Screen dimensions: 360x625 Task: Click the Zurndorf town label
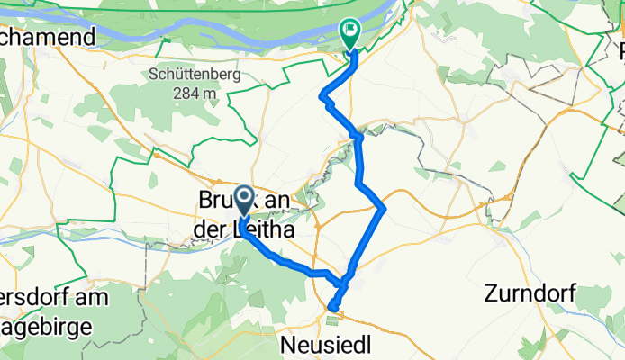coord(528,292)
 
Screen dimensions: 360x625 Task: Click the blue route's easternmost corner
coord(385,209)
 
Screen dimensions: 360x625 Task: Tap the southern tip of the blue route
coord(331,310)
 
